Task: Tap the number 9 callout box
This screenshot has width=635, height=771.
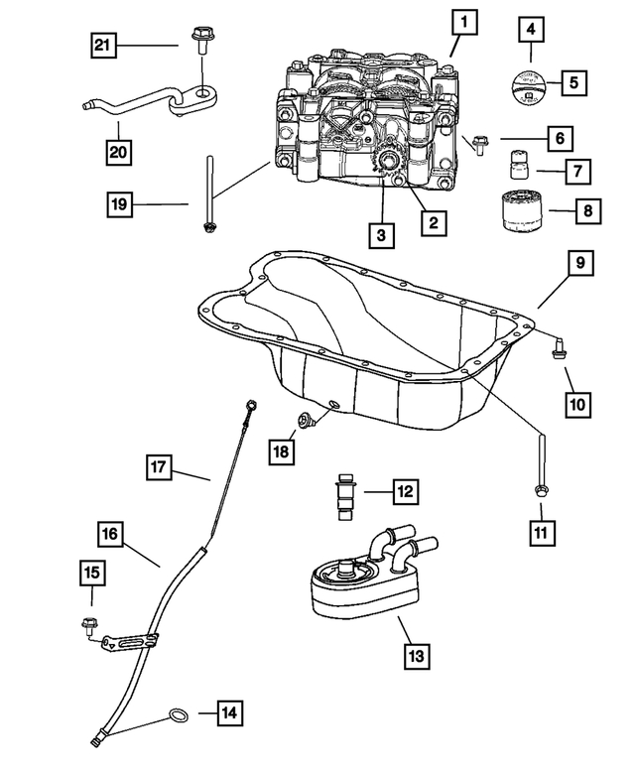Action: [x=580, y=265]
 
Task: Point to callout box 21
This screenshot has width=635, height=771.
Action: [x=105, y=44]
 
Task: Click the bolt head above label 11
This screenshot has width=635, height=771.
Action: [x=542, y=489]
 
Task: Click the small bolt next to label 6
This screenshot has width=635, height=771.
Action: [x=479, y=141]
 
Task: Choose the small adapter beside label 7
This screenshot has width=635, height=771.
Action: [x=515, y=163]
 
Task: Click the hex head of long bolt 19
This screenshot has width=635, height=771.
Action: [x=209, y=230]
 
